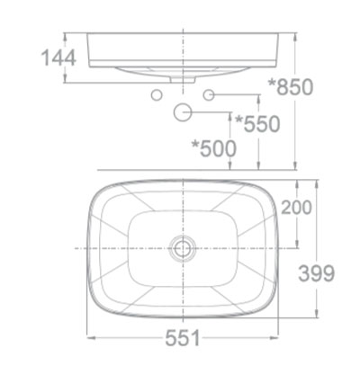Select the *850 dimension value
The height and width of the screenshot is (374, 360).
[292, 88]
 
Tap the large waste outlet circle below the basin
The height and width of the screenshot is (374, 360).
[184, 112]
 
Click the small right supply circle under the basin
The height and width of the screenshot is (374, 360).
[210, 94]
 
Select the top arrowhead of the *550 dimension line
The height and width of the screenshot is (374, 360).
[261, 98]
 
